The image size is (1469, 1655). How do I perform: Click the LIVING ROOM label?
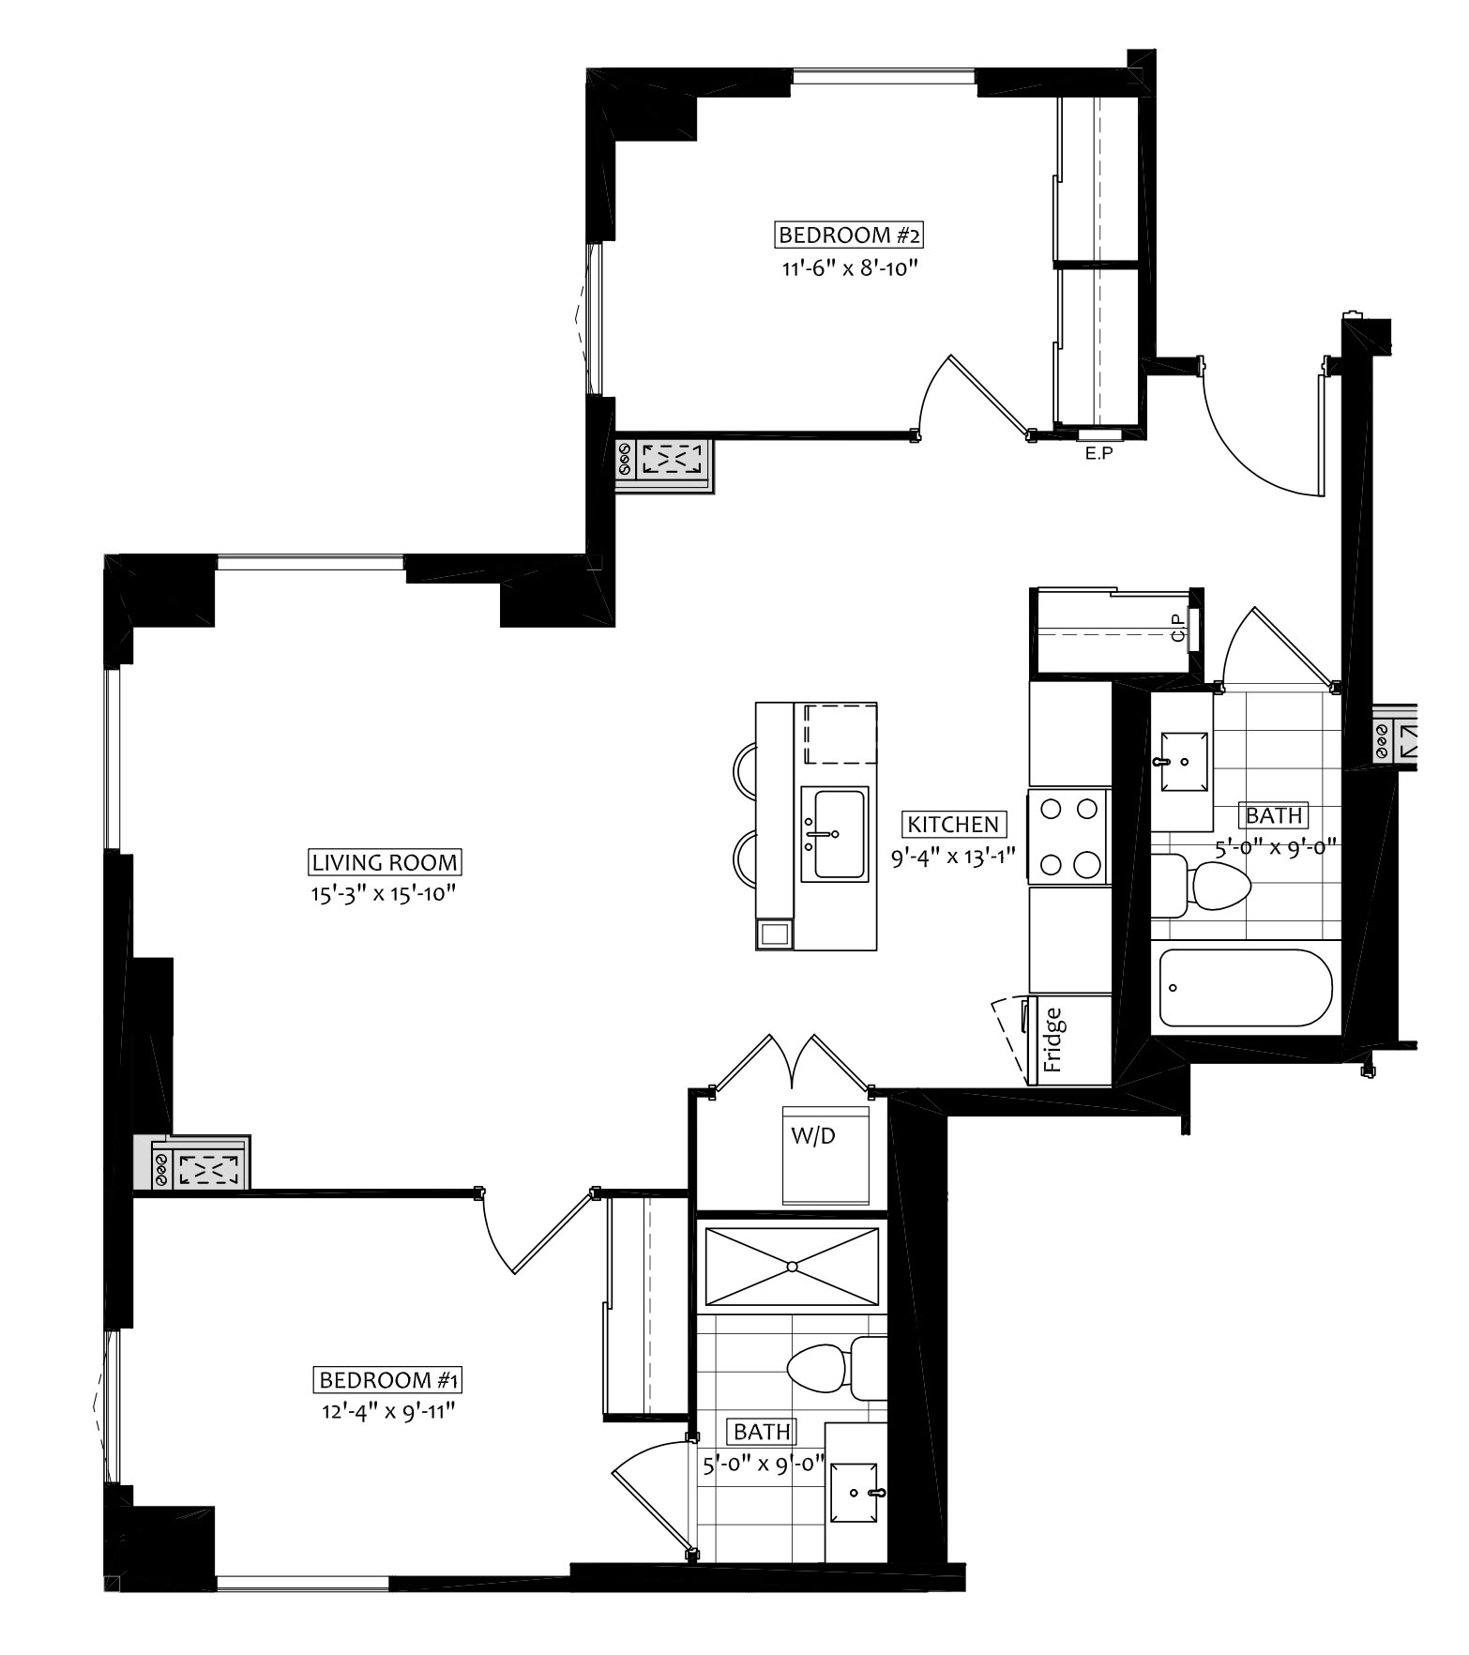[x=385, y=862]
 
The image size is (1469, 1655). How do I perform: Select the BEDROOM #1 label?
[x=387, y=1381]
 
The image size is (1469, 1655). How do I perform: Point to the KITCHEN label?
[x=954, y=825]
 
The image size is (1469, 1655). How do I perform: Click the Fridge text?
[x=1053, y=1040]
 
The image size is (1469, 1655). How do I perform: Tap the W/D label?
[x=812, y=1136]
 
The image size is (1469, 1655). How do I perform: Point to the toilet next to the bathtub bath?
[x=1201, y=885]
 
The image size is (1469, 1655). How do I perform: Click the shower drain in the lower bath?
[x=793, y=1267]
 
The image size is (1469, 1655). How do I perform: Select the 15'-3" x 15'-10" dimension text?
[x=384, y=894]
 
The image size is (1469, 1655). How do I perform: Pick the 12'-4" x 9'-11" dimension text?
[x=388, y=1411]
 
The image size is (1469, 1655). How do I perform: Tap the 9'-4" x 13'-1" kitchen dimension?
[x=954, y=857]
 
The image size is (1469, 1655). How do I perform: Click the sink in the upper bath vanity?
[x=1178, y=763]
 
